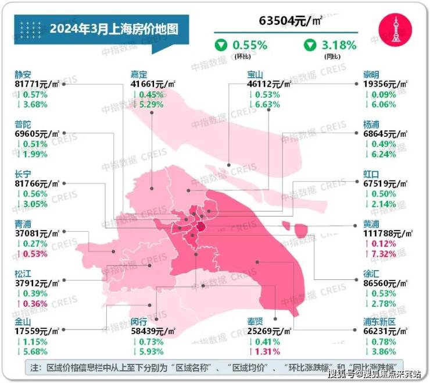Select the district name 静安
tap(24, 75)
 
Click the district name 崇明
tap(371, 75)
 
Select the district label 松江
tap(24, 272)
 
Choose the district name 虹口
tap(371, 173)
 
